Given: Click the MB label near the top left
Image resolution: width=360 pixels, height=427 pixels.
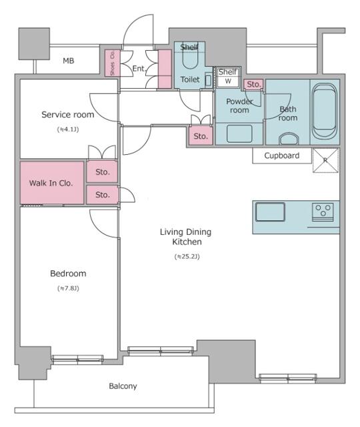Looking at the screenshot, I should click(x=68, y=61).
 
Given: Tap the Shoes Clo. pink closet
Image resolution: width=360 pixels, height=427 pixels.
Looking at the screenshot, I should click(x=112, y=63).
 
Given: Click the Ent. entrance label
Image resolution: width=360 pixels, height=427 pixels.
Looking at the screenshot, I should click(x=139, y=68).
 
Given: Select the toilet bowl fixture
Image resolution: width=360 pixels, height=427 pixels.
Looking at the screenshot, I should click(x=189, y=60).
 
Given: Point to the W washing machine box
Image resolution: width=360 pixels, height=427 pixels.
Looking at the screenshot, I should click(x=228, y=81).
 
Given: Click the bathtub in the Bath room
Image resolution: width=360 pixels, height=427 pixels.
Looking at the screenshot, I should click(x=325, y=108).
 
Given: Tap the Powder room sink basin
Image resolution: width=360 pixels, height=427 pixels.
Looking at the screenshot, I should click(x=239, y=133).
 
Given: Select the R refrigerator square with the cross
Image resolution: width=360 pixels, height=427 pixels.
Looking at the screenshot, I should click(x=326, y=161).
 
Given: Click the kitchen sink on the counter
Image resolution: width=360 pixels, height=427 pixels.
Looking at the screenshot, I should click(x=270, y=213).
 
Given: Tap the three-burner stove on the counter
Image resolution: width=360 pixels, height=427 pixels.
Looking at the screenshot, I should click(x=324, y=212).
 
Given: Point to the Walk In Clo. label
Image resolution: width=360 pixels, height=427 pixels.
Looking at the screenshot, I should click(x=51, y=183).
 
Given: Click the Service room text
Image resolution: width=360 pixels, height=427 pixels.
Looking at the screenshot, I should click(x=67, y=115).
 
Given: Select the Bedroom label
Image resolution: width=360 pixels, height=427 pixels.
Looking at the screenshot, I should click(x=68, y=274).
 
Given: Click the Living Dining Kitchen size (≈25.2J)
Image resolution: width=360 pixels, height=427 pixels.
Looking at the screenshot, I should click(x=187, y=256).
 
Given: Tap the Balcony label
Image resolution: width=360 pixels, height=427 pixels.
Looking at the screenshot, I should click(x=123, y=386).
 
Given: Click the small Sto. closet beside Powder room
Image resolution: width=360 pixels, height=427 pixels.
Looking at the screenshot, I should click(x=253, y=84).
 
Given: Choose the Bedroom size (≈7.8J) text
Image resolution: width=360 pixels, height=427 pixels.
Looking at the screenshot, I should click(x=68, y=288).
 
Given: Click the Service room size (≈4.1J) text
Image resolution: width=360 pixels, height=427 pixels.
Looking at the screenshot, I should click(x=67, y=129).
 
